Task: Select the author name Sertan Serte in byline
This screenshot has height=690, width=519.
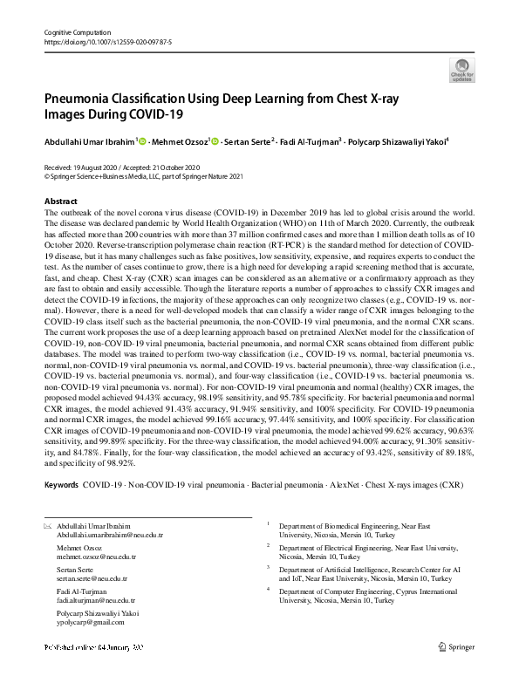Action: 246,140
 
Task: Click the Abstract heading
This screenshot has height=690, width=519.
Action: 60,202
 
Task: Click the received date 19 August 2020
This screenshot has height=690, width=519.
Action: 99,167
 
